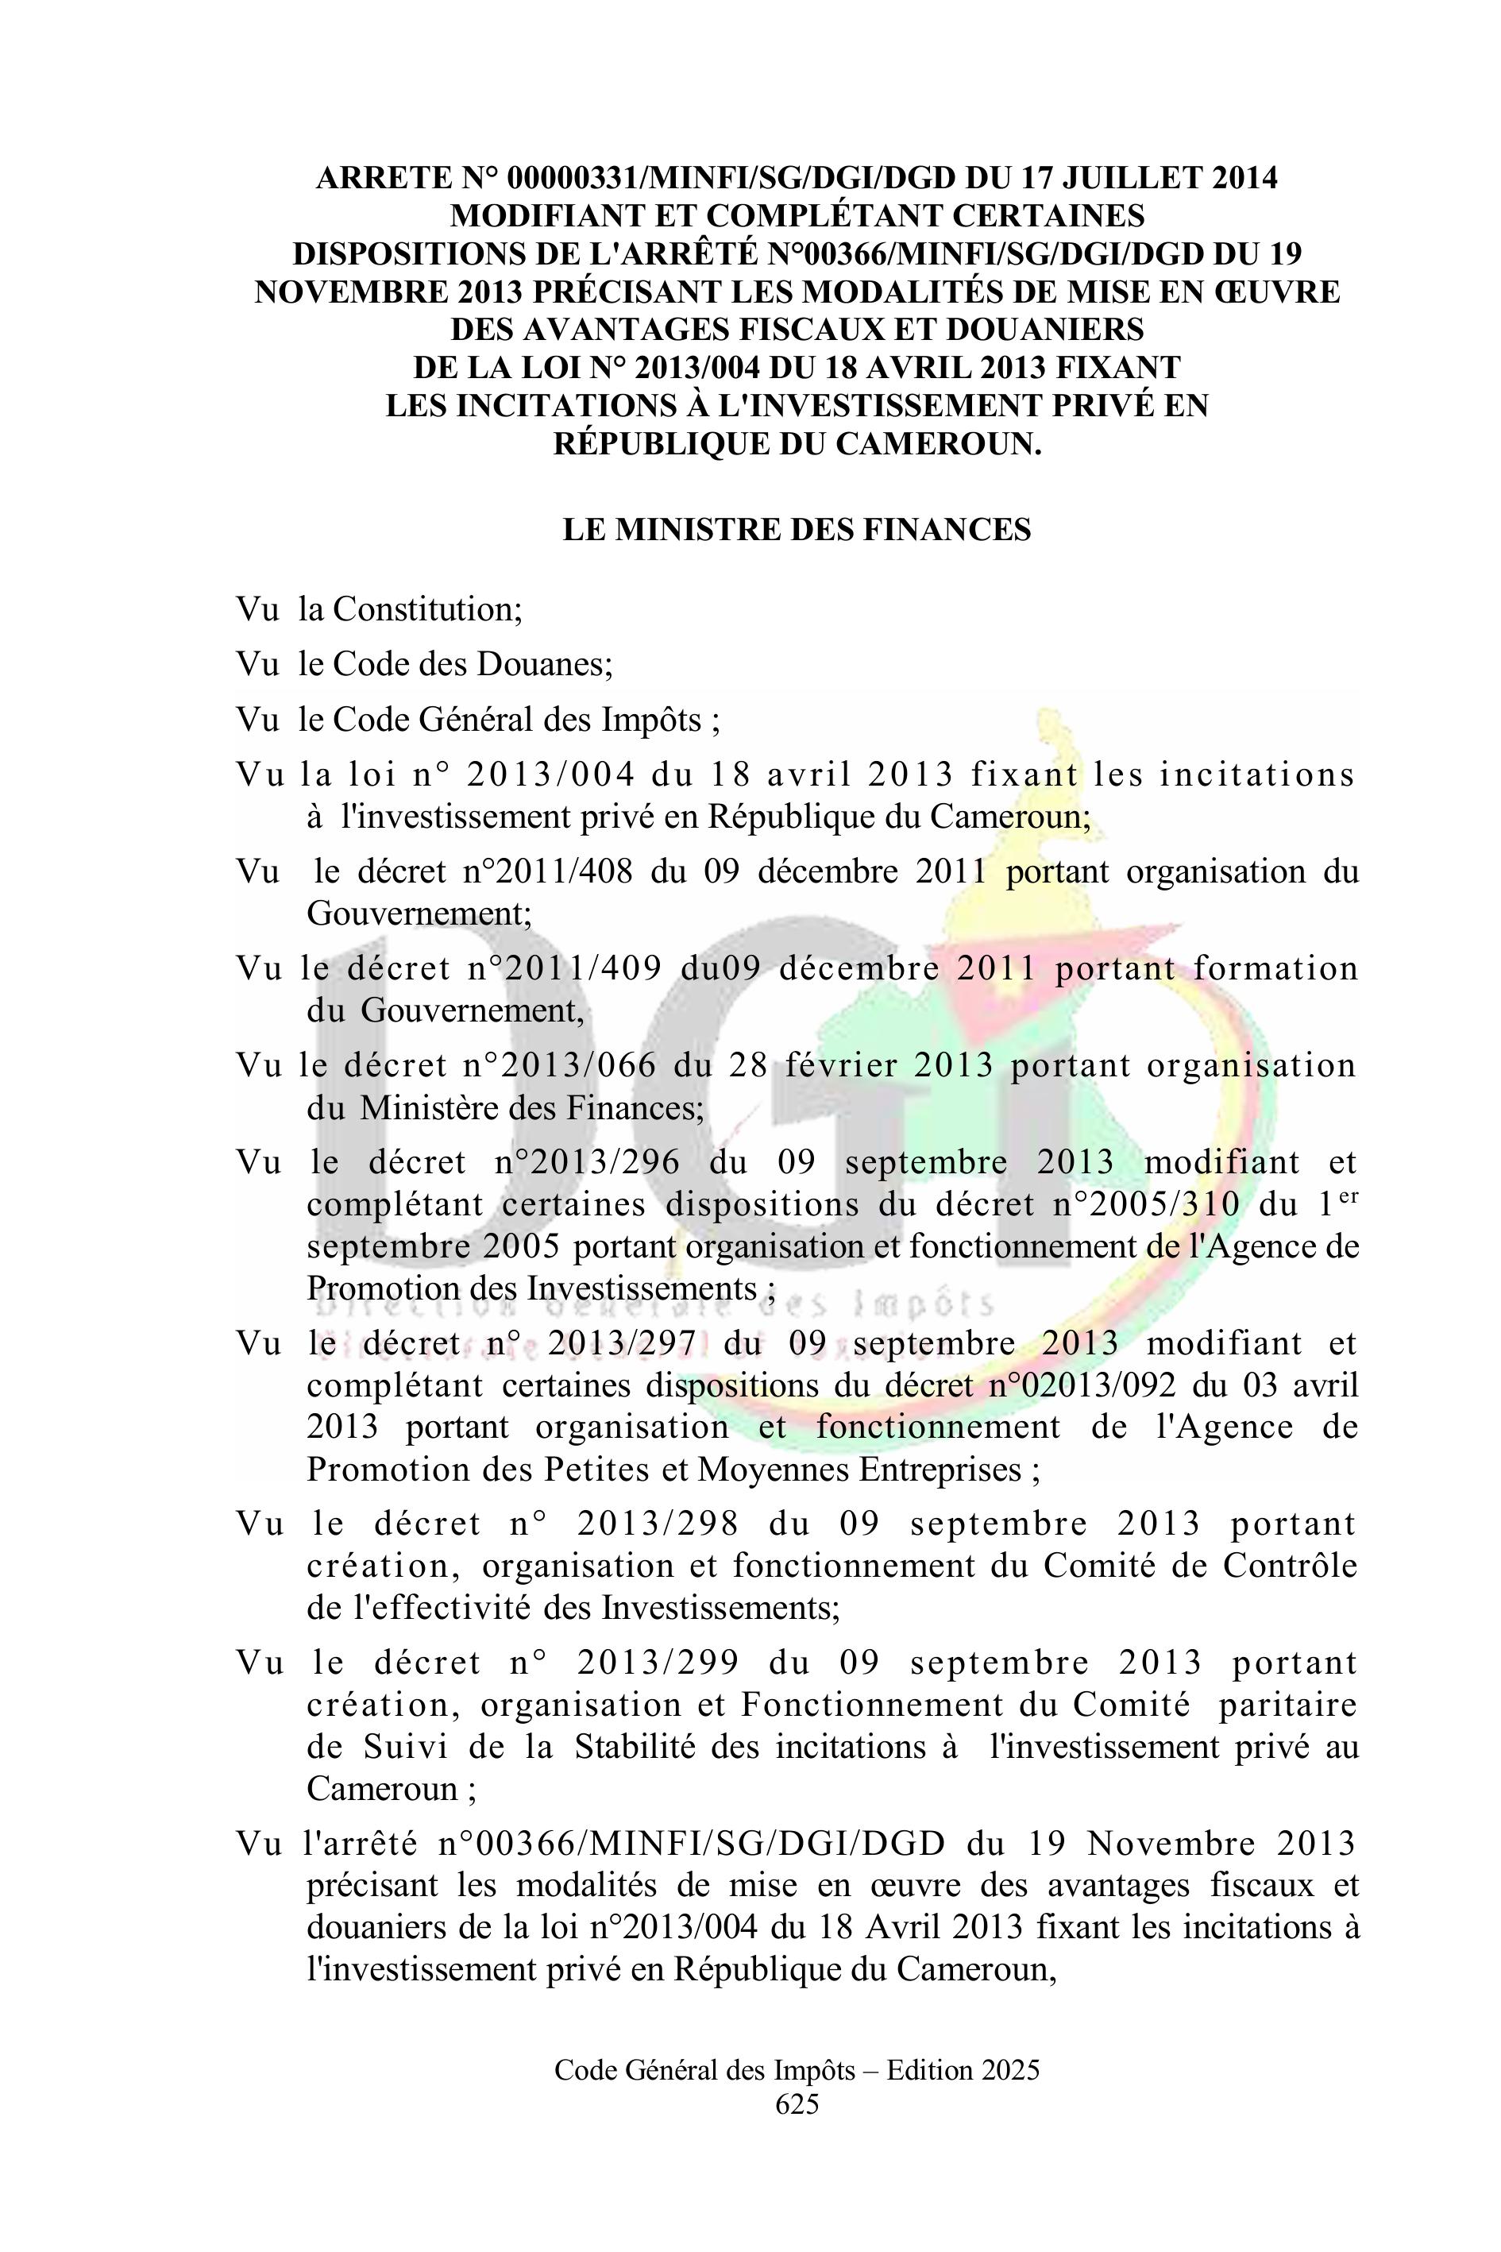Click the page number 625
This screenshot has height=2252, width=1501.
797,2103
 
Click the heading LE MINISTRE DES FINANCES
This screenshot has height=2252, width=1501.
797,530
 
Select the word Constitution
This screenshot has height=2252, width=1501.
426,609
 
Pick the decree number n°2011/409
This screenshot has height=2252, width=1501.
565,968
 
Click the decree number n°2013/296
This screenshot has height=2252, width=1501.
587,1162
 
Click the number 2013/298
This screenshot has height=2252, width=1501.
658,1524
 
